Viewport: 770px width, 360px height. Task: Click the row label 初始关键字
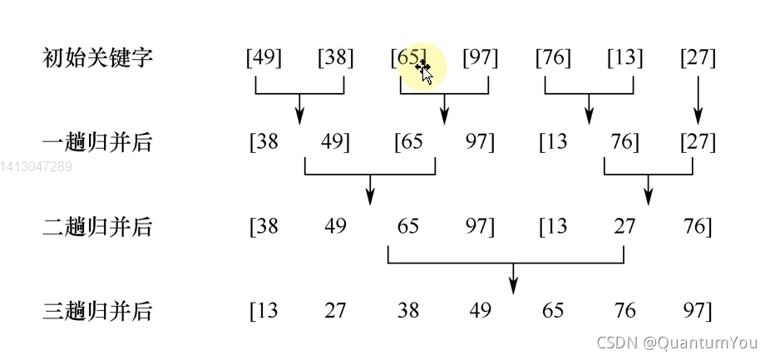tap(97, 58)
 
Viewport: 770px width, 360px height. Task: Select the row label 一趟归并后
tap(97, 142)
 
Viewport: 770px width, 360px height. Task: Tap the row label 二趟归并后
tap(97, 226)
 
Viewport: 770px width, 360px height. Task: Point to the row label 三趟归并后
tap(97, 311)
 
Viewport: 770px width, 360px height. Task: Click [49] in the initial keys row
tap(264, 58)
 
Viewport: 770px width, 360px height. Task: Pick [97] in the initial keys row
tap(480, 58)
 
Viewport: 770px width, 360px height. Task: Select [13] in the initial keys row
tap(624, 58)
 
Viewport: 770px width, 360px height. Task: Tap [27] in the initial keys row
tap(697, 58)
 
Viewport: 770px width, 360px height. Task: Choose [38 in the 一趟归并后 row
tap(264, 142)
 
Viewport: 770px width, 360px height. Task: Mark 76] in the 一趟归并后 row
tap(624, 142)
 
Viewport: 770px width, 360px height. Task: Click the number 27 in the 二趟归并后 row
tap(624, 226)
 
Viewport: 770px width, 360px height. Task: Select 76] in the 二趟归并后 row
tap(697, 226)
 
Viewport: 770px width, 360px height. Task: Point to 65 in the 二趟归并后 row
tap(408, 226)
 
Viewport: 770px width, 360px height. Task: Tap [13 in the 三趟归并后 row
tap(264, 311)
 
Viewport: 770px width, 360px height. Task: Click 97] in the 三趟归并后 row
tap(697, 311)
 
